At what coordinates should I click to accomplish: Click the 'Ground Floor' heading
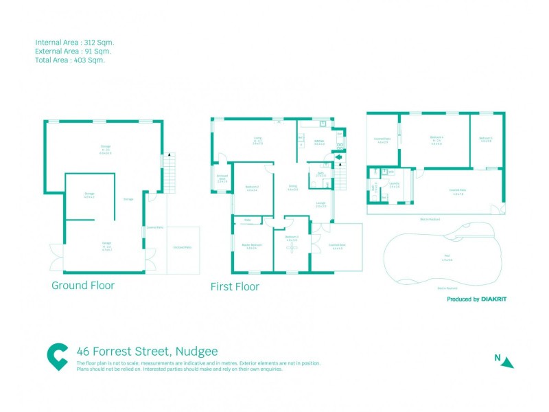(x=83, y=285)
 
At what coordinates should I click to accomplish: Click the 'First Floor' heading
(x=235, y=287)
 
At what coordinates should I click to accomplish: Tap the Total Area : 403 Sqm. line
(x=69, y=60)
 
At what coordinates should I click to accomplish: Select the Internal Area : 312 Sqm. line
(x=73, y=42)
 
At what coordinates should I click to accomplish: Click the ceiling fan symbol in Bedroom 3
(x=292, y=249)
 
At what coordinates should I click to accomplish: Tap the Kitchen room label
(x=319, y=143)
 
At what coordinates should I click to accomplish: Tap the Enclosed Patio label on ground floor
(x=182, y=247)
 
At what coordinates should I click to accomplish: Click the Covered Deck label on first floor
(x=337, y=245)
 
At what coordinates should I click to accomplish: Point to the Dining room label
(x=292, y=187)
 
